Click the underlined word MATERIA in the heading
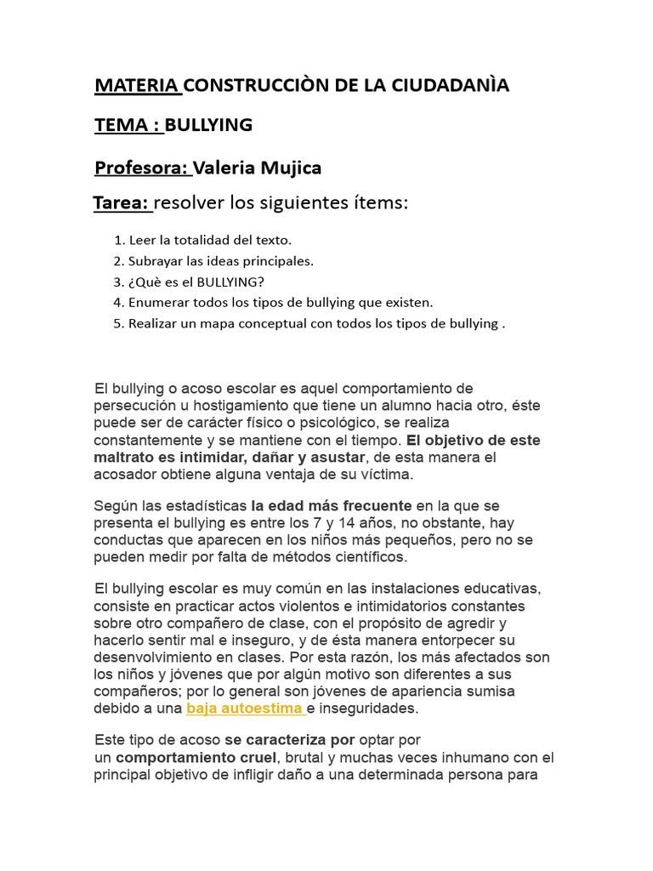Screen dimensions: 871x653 click(x=136, y=86)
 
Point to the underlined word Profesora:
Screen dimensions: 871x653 click(x=141, y=168)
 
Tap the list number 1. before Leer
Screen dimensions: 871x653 click(x=119, y=241)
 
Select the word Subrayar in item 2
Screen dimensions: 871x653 click(x=156, y=261)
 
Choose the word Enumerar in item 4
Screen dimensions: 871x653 click(x=158, y=302)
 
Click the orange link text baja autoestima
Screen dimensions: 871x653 click(x=245, y=709)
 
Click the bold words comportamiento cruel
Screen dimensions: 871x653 click(x=196, y=758)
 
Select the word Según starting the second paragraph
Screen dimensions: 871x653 click(x=114, y=506)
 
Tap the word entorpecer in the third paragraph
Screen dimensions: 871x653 click(x=464, y=640)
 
